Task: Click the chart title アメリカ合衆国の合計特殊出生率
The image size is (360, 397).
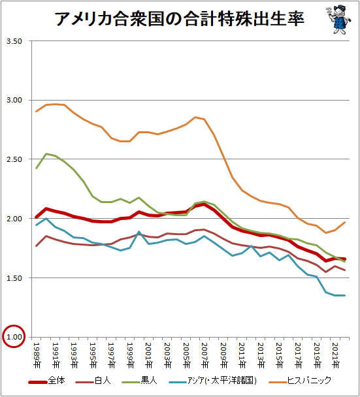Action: point(180,18)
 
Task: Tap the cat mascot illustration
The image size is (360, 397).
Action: point(338,19)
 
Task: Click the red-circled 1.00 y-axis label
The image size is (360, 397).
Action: point(14,337)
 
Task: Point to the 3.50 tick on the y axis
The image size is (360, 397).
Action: point(14,41)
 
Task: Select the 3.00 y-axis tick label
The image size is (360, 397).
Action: point(14,100)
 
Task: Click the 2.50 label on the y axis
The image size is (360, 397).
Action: point(14,159)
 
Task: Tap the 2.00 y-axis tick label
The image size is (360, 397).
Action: point(14,219)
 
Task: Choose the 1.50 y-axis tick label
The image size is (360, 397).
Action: point(14,278)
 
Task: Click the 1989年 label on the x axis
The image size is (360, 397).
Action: point(37,355)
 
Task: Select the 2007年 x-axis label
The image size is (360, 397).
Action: point(205,355)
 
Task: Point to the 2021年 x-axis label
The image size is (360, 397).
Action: point(335,355)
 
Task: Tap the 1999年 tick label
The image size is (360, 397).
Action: point(130,355)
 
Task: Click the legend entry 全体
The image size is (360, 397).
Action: point(46,381)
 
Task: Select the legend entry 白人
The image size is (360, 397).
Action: point(93,381)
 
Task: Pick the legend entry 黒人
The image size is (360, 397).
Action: point(140,381)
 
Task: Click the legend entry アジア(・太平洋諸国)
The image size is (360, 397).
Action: point(213,381)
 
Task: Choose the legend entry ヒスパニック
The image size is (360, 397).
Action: point(300,381)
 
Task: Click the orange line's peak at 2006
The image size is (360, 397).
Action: point(195,118)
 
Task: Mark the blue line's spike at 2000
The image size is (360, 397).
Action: point(139,231)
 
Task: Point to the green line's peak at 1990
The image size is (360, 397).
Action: point(46,153)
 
